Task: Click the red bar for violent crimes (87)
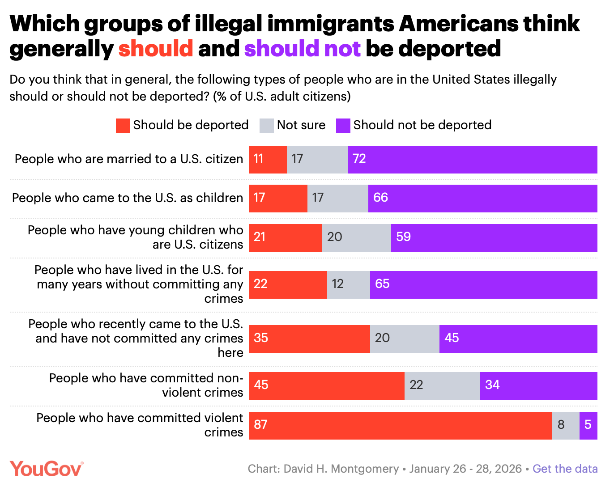pyautogui.click(x=400, y=425)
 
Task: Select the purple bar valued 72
pyautogui.click(x=472, y=159)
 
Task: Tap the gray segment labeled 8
pyautogui.click(x=565, y=425)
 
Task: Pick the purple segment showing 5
pyautogui.click(x=588, y=425)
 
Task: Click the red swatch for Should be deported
pyautogui.click(x=123, y=125)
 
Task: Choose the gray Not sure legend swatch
pyautogui.click(x=266, y=125)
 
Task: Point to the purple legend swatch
pyautogui.click(x=343, y=125)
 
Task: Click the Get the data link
pyautogui.click(x=565, y=469)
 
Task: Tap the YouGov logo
pyautogui.click(x=47, y=469)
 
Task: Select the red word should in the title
pyautogui.click(x=155, y=48)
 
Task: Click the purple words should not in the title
pyautogui.click(x=302, y=48)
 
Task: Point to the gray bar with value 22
pyautogui.click(x=442, y=385)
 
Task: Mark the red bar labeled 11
pyautogui.click(x=268, y=159)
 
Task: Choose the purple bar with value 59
pyautogui.click(x=494, y=237)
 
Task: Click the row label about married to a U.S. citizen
pyautogui.click(x=129, y=159)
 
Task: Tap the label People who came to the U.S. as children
pyautogui.click(x=128, y=198)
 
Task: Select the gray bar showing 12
pyautogui.click(x=348, y=284)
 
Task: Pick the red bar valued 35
pyautogui.click(x=309, y=339)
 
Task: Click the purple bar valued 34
pyautogui.click(x=538, y=385)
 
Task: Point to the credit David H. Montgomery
pyautogui.click(x=341, y=469)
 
